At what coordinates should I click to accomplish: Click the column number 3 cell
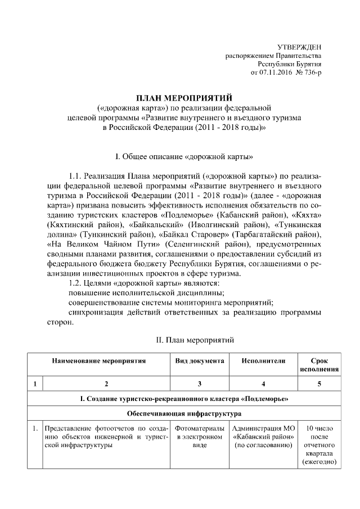200,384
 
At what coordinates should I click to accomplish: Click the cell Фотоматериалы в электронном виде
200,436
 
